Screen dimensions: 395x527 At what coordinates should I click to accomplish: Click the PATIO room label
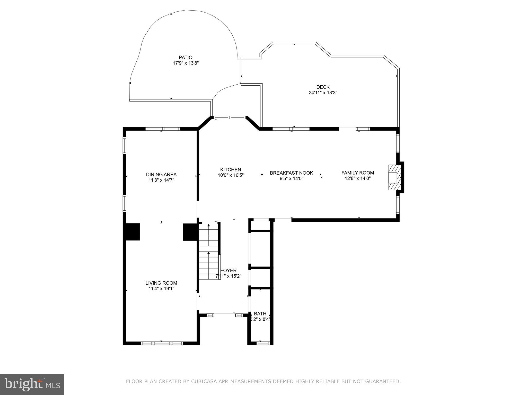[x=186, y=57]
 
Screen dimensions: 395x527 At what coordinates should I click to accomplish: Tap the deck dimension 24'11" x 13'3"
[x=323, y=93]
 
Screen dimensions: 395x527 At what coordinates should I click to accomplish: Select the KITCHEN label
[x=230, y=169]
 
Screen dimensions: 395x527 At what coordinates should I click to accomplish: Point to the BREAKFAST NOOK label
[x=291, y=173]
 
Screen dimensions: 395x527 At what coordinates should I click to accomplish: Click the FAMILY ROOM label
[x=357, y=173]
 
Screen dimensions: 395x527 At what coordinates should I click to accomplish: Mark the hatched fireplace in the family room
[x=394, y=177]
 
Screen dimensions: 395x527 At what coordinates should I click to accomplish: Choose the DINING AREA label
[x=161, y=175]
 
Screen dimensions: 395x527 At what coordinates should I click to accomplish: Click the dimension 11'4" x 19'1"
[x=161, y=289]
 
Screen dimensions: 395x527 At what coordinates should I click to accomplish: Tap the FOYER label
[x=228, y=271]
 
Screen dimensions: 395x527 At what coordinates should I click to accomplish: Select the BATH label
[x=260, y=314]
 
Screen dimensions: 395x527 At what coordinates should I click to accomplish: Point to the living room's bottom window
[x=162, y=343]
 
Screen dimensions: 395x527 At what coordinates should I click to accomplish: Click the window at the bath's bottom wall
[x=263, y=343]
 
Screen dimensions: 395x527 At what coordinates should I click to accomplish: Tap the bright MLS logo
[x=32, y=384]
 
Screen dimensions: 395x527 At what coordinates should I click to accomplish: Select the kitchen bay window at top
[x=230, y=118]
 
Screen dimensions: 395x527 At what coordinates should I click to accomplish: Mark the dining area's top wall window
[x=162, y=129]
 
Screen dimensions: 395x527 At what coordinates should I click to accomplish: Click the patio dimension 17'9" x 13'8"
[x=186, y=63]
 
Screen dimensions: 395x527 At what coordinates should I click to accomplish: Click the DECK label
[x=323, y=87]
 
